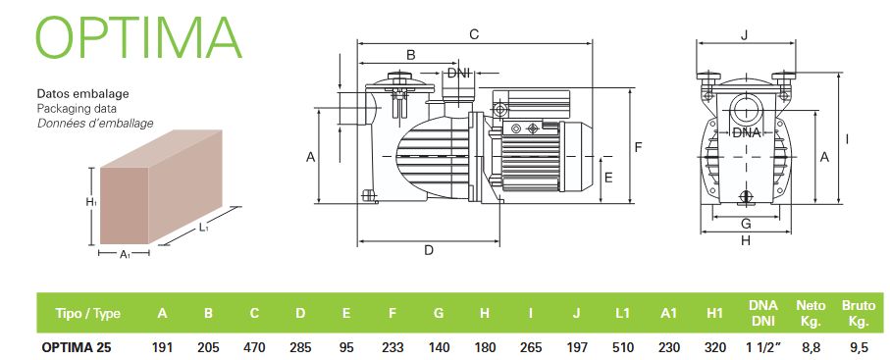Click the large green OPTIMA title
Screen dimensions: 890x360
click(x=138, y=37)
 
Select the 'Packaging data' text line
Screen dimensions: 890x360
click(x=77, y=108)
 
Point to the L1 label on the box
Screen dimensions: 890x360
click(x=204, y=228)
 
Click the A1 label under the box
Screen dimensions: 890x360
click(x=125, y=255)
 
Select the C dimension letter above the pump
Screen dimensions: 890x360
click(x=474, y=34)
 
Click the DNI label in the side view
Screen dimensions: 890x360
click(x=458, y=74)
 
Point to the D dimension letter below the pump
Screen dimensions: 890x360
click(x=429, y=250)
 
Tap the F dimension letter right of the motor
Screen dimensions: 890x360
click(x=638, y=148)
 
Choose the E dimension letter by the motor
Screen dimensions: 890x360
click(x=608, y=178)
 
